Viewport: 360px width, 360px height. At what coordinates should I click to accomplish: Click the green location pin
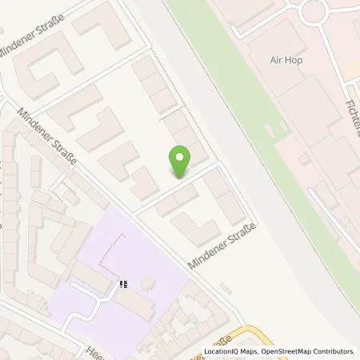point(182,160)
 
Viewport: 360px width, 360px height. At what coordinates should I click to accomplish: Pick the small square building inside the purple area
point(149,283)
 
